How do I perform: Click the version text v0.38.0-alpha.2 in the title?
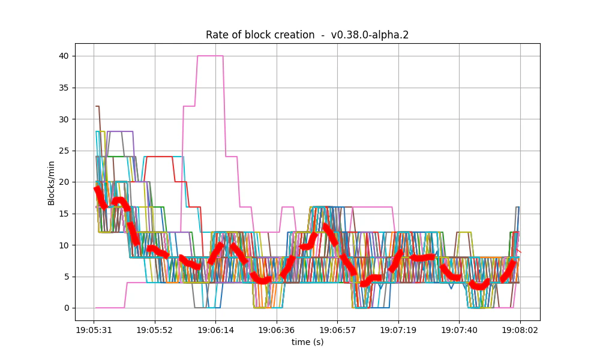(370, 35)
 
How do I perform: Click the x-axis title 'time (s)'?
(307, 342)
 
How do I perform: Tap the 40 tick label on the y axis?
(63, 56)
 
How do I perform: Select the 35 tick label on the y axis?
(63, 88)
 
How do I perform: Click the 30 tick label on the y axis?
(63, 119)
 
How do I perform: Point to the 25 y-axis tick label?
(63, 151)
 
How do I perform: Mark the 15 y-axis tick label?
(63, 214)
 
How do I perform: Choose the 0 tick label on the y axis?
(65, 308)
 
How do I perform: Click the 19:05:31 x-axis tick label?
(94, 330)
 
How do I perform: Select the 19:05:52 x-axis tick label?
(155, 330)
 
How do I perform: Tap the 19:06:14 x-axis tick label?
(215, 330)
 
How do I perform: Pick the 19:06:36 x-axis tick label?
(277, 330)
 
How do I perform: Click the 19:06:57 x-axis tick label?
(337, 330)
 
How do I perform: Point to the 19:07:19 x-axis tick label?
(398, 330)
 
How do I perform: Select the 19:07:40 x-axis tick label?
(459, 330)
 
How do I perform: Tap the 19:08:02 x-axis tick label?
(520, 330)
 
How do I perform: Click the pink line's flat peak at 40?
(210, 56)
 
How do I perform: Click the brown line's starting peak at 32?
(97, 106)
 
